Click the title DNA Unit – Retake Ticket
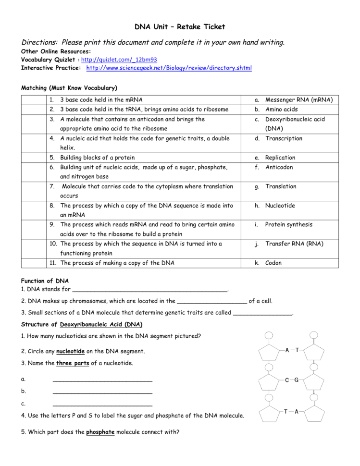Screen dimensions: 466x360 180,27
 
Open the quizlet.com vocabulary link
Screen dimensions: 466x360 119,60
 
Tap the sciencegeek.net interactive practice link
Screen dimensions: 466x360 169,68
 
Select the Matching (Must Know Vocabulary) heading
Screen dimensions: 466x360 69,88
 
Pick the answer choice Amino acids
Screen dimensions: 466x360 281,110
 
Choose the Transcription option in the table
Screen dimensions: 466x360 284,138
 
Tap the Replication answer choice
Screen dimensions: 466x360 280,158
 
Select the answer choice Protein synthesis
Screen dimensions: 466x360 288,224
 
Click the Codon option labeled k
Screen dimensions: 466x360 273,263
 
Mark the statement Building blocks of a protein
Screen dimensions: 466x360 97,158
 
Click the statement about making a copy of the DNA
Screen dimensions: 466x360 117,263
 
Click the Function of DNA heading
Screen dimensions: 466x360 45,281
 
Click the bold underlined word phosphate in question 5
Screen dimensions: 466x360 100,432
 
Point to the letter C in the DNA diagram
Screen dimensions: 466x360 287,380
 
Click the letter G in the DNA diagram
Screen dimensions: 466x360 297,380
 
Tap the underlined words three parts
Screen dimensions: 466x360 73,363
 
